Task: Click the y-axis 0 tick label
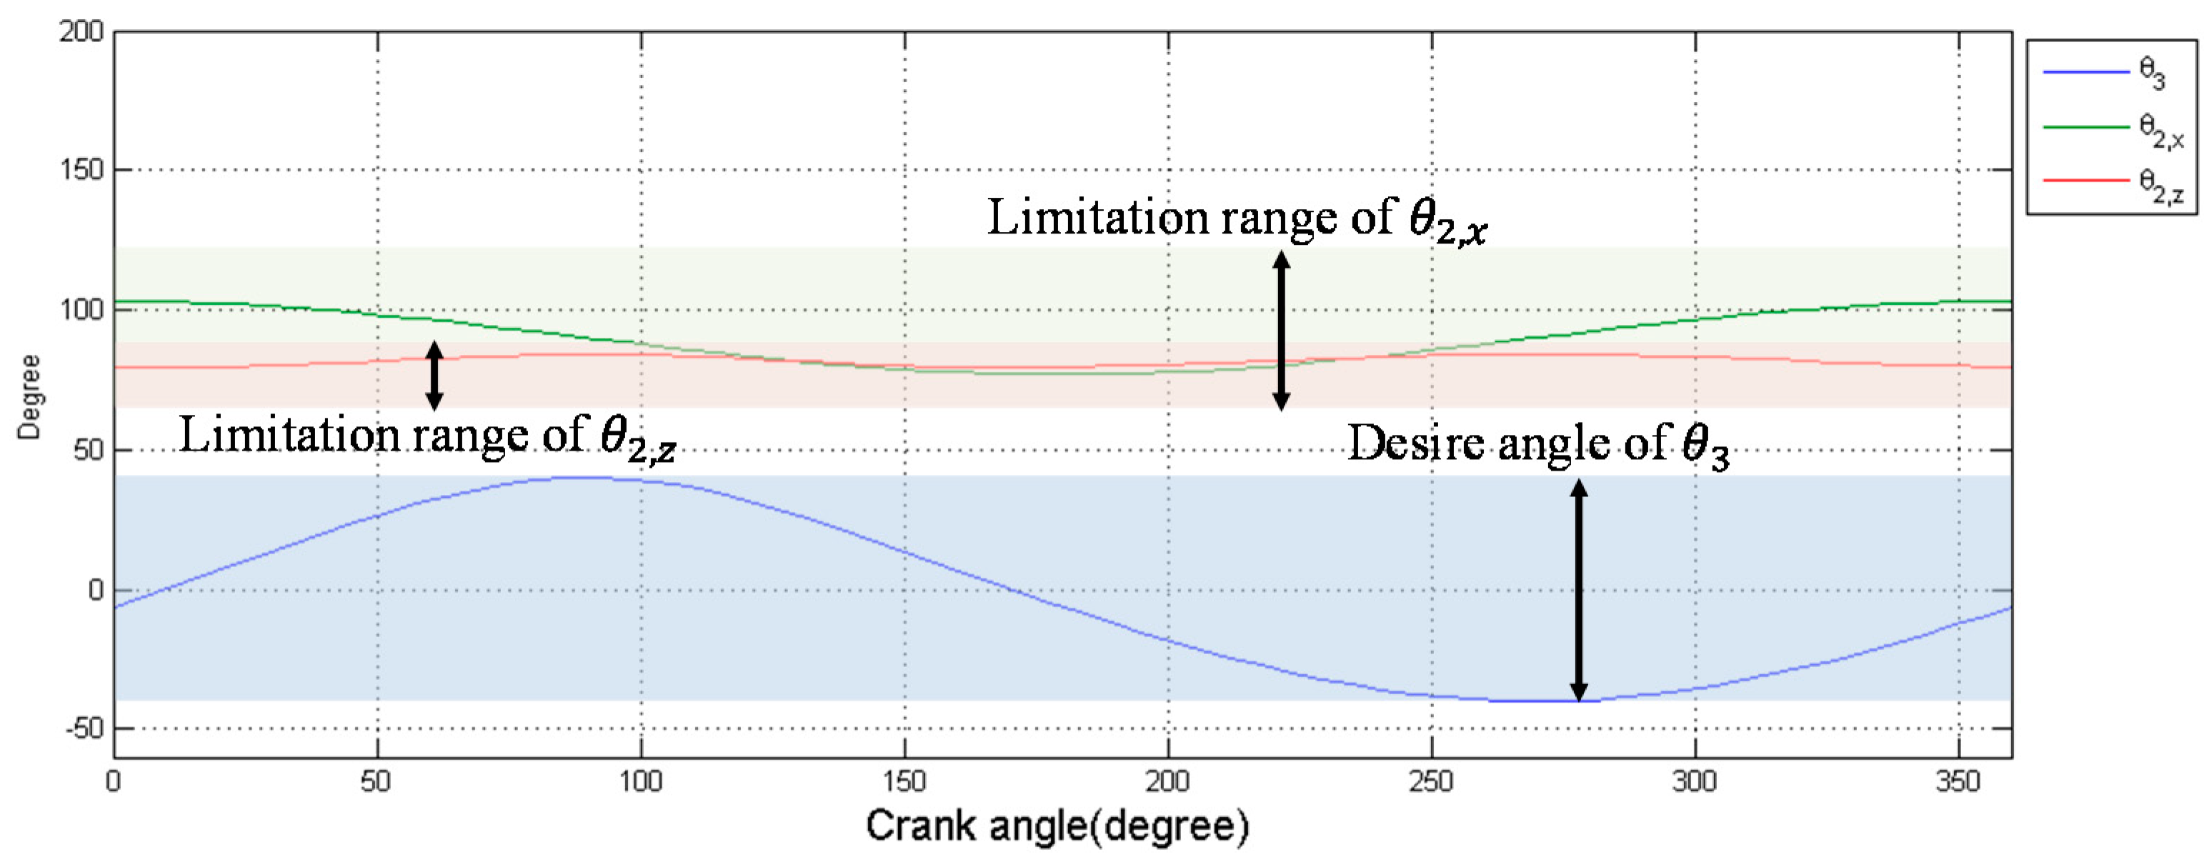click(94, 590)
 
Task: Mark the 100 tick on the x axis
click(641, 782)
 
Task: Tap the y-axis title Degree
click(29, 397)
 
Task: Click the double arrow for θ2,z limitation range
click(435, 375)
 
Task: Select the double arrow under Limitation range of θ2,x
click(1281, 330)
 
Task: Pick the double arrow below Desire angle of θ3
click(1579, 590)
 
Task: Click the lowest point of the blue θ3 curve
click(1544, 701)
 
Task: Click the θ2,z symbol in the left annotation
click(637, 440)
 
